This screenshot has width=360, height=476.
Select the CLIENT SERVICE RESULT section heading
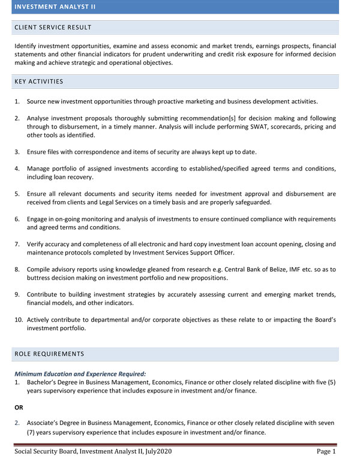click(x=53, y=28)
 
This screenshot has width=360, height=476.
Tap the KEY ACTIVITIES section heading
click(x=39, y=82)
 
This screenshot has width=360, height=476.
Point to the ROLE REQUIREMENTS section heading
click(x=50, y=355)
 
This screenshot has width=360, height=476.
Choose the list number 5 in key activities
click(x=17, y=194)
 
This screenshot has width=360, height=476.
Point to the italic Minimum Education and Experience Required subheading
click(x=80, y=373)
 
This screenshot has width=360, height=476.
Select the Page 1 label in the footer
click(x=326, y=451)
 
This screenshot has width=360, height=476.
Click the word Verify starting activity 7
click(x=37, y=244)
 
